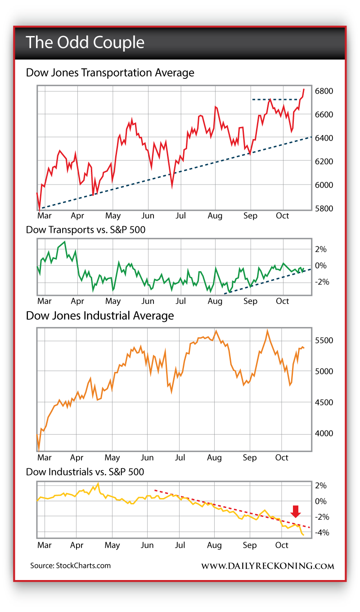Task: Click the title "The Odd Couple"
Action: click(85, 42)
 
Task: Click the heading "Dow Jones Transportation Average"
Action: click(110, 73)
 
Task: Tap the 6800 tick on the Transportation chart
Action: click(324, 91)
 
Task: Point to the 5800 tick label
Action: click(324, 209)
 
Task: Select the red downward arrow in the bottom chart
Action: click(295, 511)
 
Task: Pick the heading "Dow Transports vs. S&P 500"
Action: click(85, 229)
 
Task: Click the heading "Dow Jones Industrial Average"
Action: click(100, 316)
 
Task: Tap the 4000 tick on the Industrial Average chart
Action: click(324, 433)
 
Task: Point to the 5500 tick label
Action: click(324, 340)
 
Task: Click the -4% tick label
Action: click(323, 533)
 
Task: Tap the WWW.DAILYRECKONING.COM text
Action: click(267, 566)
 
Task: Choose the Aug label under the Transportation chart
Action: click(215, 216)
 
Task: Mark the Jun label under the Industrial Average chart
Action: click(147, 458)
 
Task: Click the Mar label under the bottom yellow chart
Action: click(44, 545)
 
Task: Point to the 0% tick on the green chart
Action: click(320, 266)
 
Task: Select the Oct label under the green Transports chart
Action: click(283, 301)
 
